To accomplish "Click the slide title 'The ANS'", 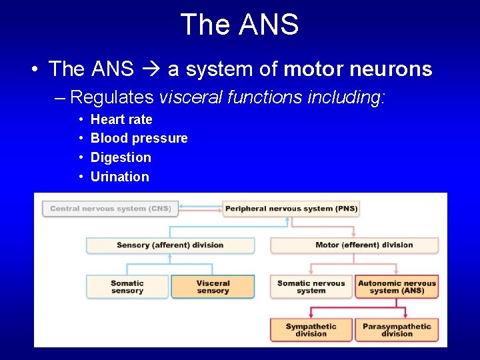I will pyautogui.click(x=239, y=25).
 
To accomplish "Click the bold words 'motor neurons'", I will pyautogui.click(x=358, y=69).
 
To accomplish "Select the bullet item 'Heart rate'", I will pyautogui.click(x=121, y=119).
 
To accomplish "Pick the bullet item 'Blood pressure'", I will pyautogui.click(x=139, y=138).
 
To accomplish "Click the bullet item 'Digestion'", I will pyautogui.click(x=121, y=157).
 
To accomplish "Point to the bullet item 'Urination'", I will pyautogui.click(x=119, y=177).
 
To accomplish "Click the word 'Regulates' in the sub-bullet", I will pyautogui.click(x=111, y=97).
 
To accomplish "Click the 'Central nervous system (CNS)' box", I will pyautogui.click(x=110, y=209).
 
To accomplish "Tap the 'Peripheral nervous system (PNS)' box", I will pyautogui.click(x=291, y=209).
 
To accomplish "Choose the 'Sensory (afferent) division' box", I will pyautogui.click(x=170, y=245).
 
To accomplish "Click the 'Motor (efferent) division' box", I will pyautogui.click(x=355, y=245).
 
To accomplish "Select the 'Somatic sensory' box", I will pyautogui.click(x=127, y=287).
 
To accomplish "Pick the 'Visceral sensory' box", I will pyautogui.click(x=213, y=287).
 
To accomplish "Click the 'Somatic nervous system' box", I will pyautogui.click(x=311, y=287).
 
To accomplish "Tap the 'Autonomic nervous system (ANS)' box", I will pyautogui.click(x=397, y=287).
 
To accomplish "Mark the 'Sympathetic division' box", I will pyautogui.click(x=311, y=330).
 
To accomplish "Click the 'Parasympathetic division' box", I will pyautogui.click(x=397, y=330).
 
